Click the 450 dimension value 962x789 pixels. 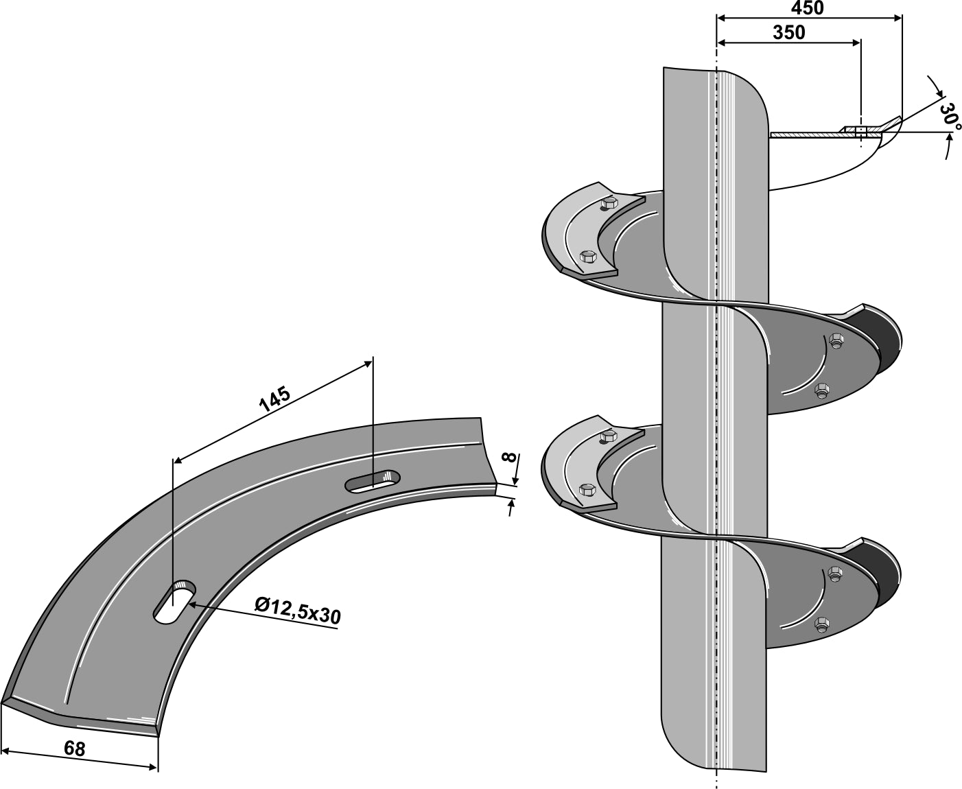(808, 8)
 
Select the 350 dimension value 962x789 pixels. (788, 32)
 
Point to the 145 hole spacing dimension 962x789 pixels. (274, 399)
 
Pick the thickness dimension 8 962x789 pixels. (508, 458)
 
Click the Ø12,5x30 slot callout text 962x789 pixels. (296, 611)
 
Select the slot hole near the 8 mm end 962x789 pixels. (373, 480)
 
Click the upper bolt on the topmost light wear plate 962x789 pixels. (609, 203)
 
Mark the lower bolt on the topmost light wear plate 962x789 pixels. (587, 257)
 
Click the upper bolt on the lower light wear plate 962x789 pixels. (609, 436)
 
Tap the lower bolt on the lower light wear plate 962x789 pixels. (587, 489)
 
